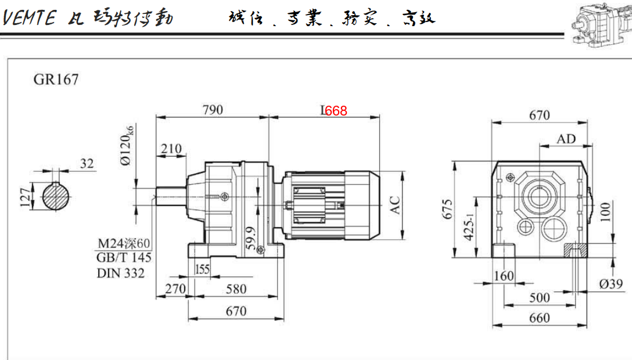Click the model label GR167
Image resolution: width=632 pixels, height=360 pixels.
pos(56,80)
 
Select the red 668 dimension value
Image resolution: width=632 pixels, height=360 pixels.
pos(336,110)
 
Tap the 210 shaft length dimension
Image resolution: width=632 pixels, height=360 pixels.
pos(171,149)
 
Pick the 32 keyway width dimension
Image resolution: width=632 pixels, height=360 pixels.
pos(87,164)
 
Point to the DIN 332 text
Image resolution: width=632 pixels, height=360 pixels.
pos(120,272)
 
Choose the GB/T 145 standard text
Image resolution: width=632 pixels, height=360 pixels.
pos(123,257)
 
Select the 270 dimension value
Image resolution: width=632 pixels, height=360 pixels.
pos(174,289)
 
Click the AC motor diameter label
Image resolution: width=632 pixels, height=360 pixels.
pos(395,204)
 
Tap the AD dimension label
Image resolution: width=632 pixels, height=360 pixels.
pos(566,139)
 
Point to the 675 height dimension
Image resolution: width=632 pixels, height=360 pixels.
pos(446,210)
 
